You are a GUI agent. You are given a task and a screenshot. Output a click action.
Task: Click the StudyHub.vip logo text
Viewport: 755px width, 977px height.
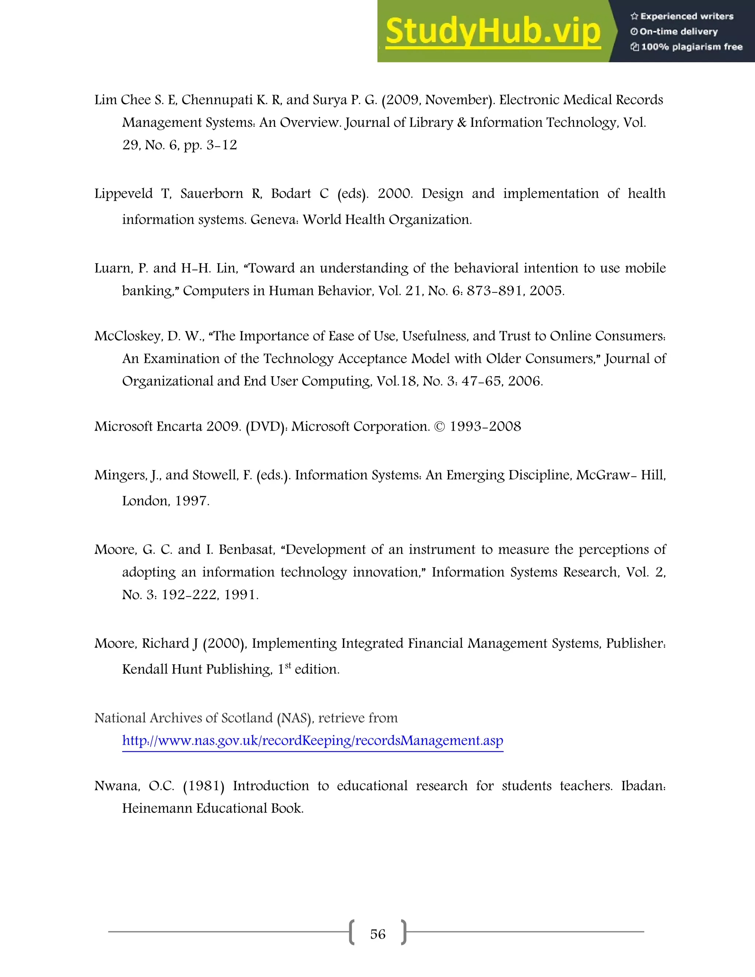(x=493, y=31)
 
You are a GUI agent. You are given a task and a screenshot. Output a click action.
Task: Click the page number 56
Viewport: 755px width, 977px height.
(x=377, y=934)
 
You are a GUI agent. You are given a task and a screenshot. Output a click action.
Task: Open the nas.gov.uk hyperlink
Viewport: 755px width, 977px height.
(x=313, y=741)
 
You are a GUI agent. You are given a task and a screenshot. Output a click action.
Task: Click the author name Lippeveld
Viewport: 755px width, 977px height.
(x=123, y=194)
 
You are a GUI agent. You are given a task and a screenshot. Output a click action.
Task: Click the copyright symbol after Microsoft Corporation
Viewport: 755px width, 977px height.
(x=440, y=426)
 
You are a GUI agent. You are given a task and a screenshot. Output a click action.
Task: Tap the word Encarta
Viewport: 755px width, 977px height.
(x=180, y=426)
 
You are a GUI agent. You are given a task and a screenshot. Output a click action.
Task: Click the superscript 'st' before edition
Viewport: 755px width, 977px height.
(x=288, y=665)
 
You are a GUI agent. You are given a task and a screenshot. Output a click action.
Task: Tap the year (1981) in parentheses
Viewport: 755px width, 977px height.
(x=203, y=786)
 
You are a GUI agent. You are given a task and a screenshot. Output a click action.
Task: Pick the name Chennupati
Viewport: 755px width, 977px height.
(x=217, y=100)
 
